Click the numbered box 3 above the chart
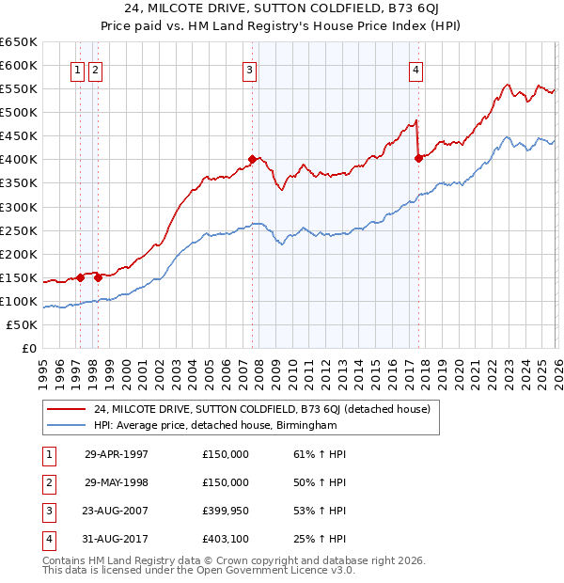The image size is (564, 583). pyautogui.click(x=250, y=69)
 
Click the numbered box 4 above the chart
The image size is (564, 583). pyautogui.click(x=415, y=69)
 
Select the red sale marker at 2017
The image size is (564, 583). pyautogui.click(x=418, y=158)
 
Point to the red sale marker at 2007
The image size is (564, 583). pyautogui.click(x=252, y=159)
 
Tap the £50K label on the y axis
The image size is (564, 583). pyautogui.click(x=23, y=324)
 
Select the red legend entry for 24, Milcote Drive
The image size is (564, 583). pyautogui.click(x=262, y=409)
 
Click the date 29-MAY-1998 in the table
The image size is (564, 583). pyautogui.click(x=117, y=482)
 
